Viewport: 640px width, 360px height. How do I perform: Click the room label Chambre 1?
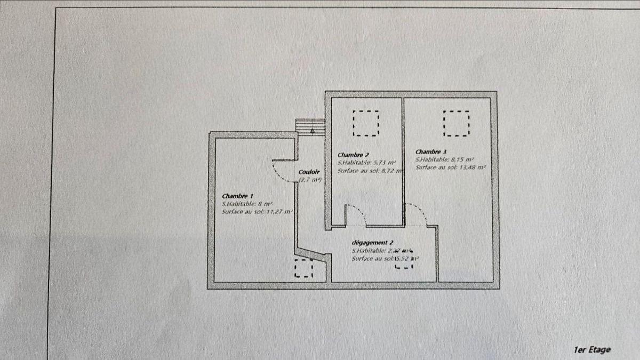pyautogui.click(x=238, y=195)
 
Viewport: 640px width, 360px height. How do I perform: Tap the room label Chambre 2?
pyautogui.click(x=354, y=155)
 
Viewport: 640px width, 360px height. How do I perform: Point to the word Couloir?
pyautogui.click(x=309, y=172)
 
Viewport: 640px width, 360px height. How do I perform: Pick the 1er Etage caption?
pyautogui.click(x=592, y=350)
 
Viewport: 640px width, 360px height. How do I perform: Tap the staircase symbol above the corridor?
pyautogui.click(x=310, y=127)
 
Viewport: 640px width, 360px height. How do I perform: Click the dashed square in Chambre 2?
pyautogui.click(x=366, y=123)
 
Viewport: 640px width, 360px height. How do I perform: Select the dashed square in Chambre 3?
pyautogui.click(x=457, y=123)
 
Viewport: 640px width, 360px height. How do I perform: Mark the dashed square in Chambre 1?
pyautogui.click(x=304, y=268)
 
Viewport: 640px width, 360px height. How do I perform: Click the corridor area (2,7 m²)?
pyautogui.click(x=309, y=180)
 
